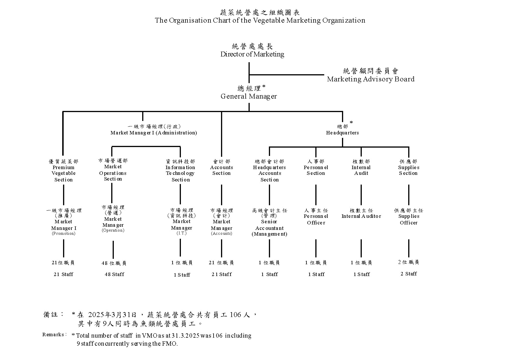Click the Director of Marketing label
pos(252,54)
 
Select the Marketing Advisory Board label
pos(371,79)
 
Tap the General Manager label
pos(249,96)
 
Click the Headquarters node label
pos(342,133)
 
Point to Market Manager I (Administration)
pos(154,133)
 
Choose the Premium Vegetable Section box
pos(63,171)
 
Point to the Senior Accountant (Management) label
pos(269,225)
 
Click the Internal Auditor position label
pos(361,216)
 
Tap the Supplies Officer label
pos(408,219)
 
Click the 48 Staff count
pos(114,274)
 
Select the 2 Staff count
pos(408,274)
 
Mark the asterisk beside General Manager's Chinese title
pos(264,86)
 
